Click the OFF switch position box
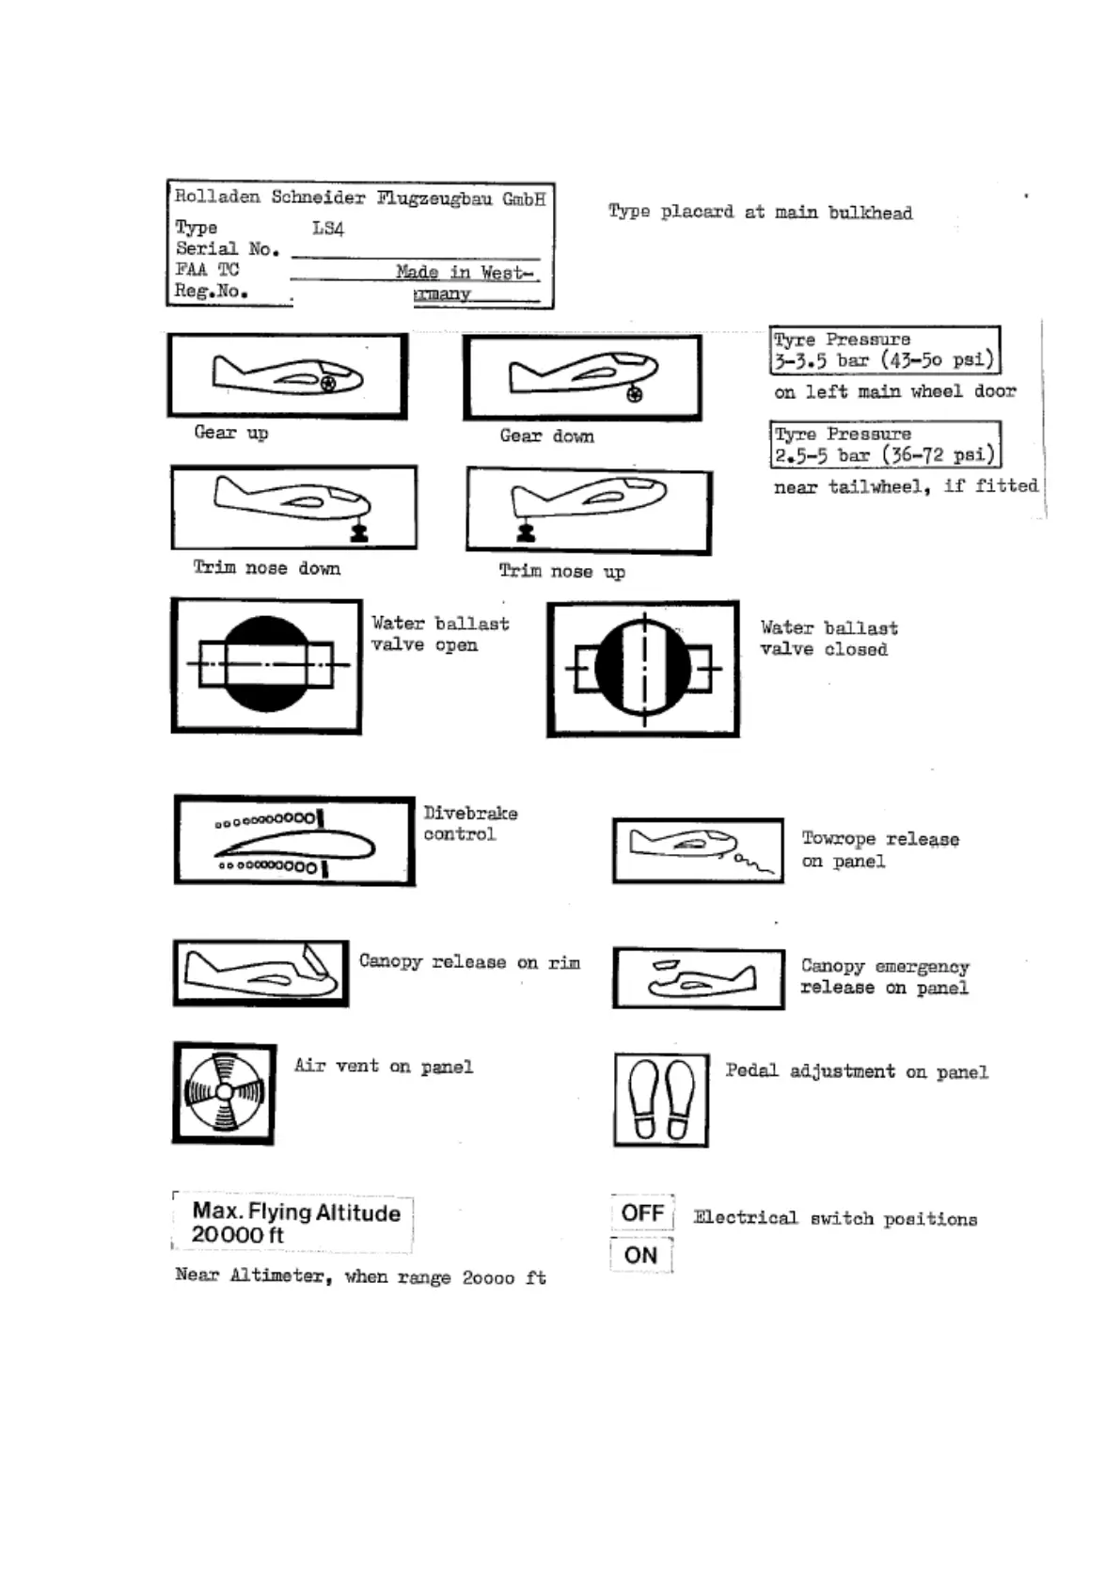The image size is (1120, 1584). (642, 1213)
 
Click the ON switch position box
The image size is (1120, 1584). (641, 1255)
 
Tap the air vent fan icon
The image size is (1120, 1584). (225, 1093)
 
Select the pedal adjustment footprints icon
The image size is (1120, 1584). (661, 1100)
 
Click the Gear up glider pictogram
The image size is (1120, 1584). (288, 376)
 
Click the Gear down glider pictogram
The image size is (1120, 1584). (582, 378)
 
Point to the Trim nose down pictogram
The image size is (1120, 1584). (293, 507)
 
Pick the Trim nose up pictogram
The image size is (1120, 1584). (589, 511)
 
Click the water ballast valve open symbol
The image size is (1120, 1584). (266, 665)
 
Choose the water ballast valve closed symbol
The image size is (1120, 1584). (643, 669)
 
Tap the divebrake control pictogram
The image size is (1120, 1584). (294, 841)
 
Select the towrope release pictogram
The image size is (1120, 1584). (698, 850)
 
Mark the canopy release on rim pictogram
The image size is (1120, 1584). (260, 973)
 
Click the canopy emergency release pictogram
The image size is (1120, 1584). (699, 979)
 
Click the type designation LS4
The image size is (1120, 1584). (328, 229)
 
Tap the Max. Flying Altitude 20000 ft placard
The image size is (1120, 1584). (294, 1223)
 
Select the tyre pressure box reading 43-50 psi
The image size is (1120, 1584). (884, 350)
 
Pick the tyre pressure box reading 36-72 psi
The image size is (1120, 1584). (884, 445)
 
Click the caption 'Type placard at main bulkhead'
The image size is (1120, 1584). (760, 213)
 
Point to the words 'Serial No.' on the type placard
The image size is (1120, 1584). (228, 249)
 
